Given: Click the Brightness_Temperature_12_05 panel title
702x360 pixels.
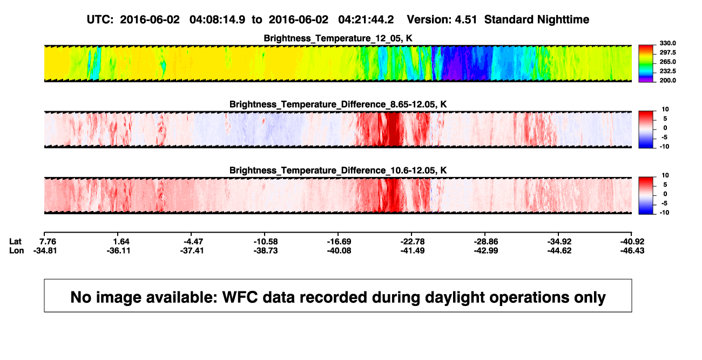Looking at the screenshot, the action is click(338, 38).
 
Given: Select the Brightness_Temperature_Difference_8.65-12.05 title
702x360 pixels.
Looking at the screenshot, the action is click(338, 104).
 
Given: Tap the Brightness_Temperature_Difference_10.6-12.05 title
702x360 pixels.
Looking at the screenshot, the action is click(338, 171).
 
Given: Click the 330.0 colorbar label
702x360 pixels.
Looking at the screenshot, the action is click(667, 43).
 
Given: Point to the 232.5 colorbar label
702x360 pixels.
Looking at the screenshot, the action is click(667, 71).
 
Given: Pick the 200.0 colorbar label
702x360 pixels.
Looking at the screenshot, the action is click(667, 80).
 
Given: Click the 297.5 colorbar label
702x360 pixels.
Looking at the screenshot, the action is click(667, 52).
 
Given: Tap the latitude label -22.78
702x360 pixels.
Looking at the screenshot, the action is click(413, 242).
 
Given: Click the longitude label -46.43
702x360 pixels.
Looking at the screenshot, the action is click(632, 250).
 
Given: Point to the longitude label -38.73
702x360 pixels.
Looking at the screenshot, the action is click(266, 250).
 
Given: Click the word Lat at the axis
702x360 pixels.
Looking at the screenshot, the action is click(15, 242).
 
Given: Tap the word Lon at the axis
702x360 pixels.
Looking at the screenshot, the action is click(17, 250).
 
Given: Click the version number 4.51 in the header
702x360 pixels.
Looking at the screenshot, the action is click(465, 19).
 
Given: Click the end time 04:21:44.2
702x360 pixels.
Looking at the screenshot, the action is click(366, 19).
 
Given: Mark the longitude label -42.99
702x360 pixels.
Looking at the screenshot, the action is click(486, 250).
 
